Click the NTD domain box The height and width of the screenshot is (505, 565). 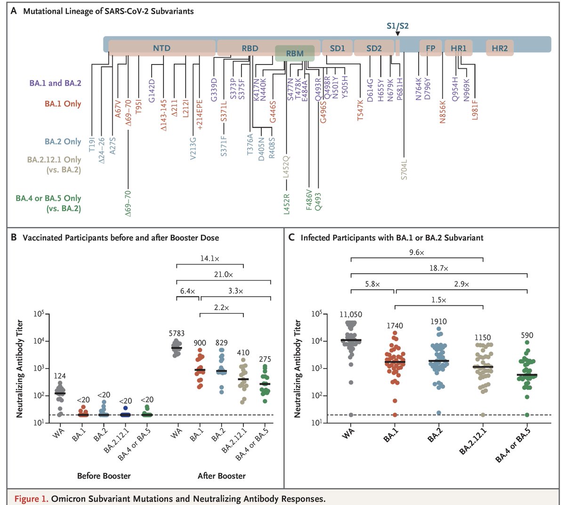point(161,48)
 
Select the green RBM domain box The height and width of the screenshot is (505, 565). point(295,54)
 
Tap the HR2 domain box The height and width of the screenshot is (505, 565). point(500,48)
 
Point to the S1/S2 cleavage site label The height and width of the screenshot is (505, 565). point(397,26)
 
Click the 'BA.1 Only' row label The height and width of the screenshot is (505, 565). point(63,104)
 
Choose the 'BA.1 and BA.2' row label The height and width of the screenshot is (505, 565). point(55,83)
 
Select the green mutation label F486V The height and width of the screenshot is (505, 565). point(309,200)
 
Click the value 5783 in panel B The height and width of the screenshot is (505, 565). point(177,333)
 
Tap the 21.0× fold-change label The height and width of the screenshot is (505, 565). point(223,274)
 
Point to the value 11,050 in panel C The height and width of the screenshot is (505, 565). point(350,314)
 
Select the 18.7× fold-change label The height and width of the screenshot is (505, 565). point(438,268)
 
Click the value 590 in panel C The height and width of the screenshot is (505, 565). point(527,336)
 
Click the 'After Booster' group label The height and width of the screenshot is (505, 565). point(221,476)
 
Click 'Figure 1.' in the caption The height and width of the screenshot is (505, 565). point(31,498)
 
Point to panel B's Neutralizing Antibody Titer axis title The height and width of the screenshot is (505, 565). point(20,369)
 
